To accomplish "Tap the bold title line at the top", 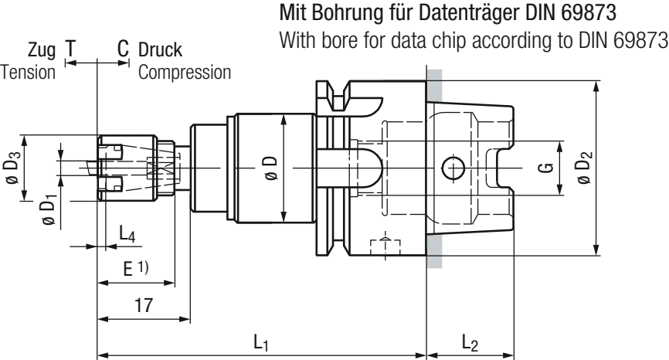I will (447, 13).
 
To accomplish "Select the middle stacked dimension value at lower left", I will (136, 271).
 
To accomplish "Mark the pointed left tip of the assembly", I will (6, 166).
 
